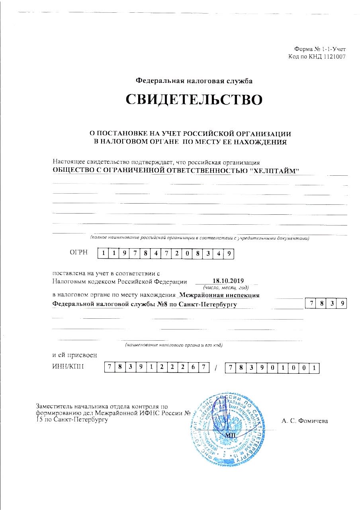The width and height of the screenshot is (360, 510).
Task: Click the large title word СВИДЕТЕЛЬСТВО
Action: [x=194, y=100]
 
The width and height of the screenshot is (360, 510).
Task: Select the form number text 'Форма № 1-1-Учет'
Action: [x=320, y=49]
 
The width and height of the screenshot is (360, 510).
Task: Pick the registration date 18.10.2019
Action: [x=225, y=280]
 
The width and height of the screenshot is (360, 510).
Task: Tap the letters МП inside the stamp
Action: [x=231, y=435]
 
